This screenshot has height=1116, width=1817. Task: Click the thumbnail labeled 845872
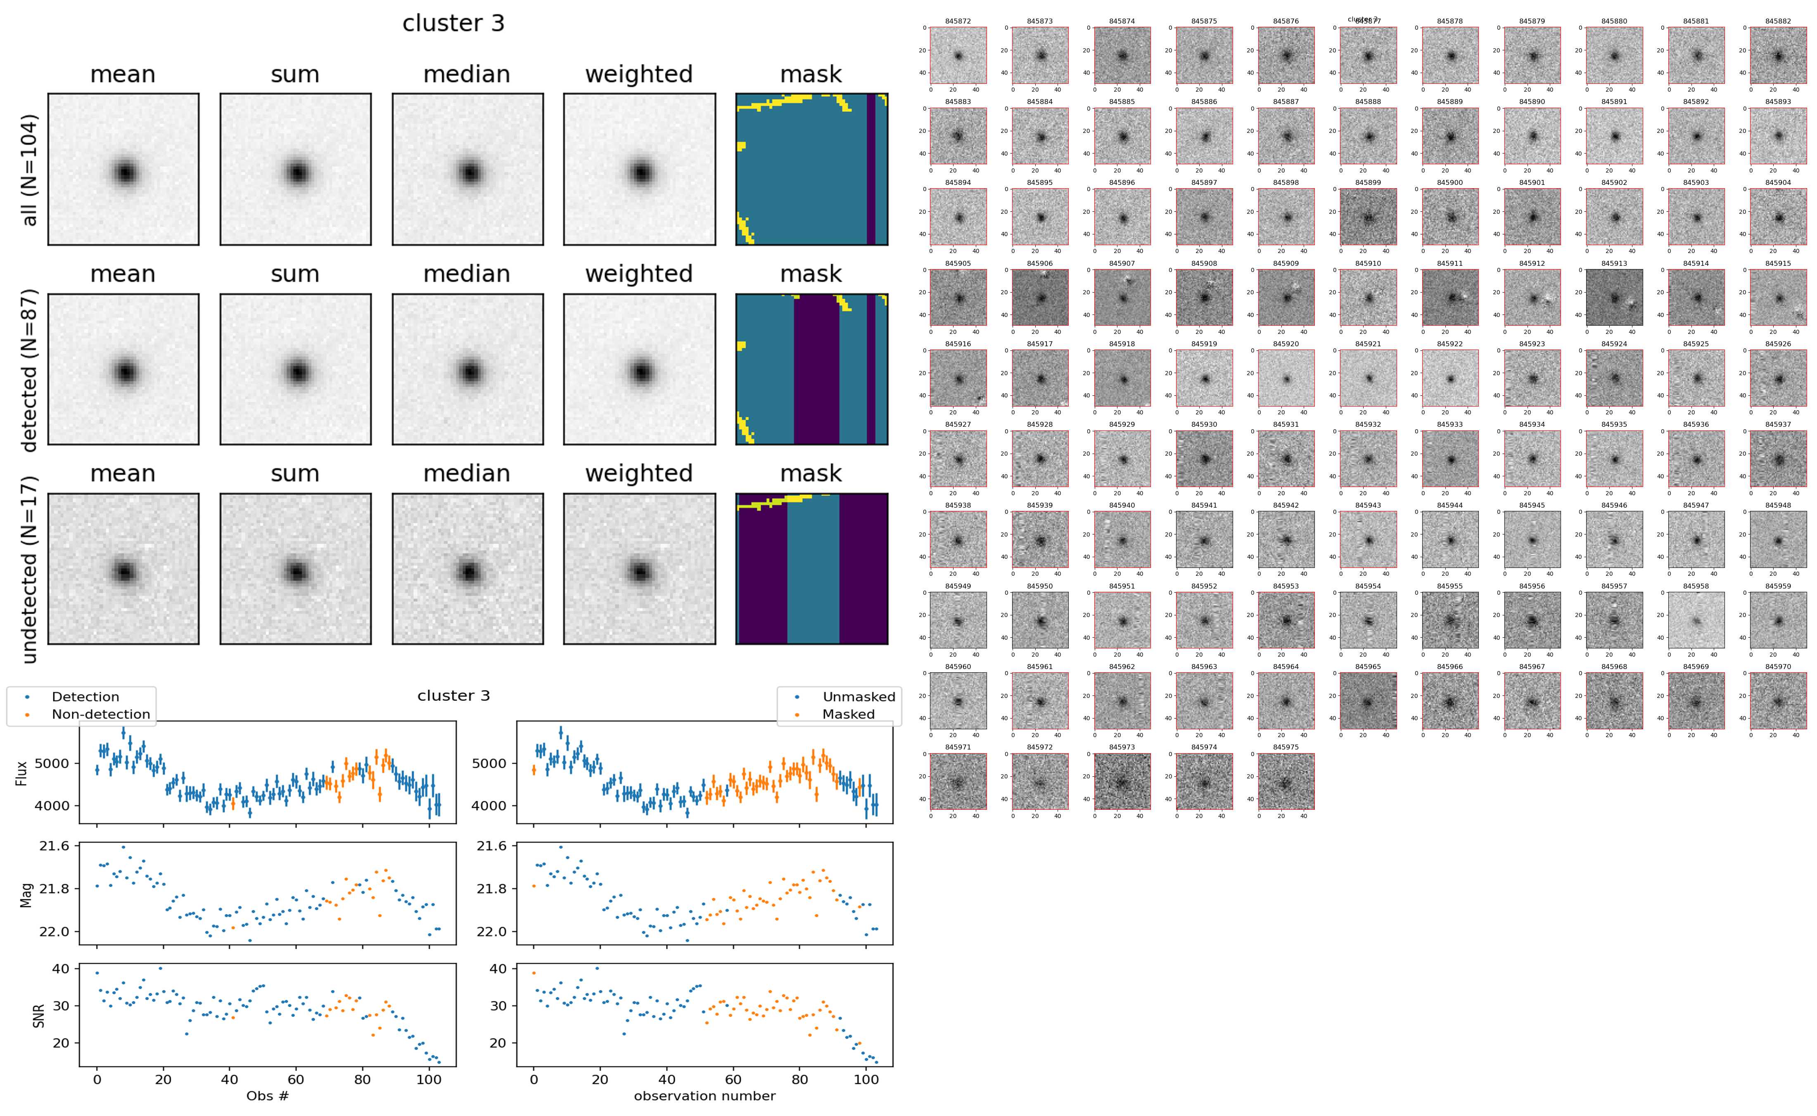pos(958,55)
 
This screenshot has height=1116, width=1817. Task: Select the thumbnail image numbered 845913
pos(1614,298)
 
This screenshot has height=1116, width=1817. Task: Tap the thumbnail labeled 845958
pos(1696,621)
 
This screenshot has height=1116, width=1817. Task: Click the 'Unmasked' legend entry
pos(858,697)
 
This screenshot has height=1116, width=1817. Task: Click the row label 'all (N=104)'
pos(30,170)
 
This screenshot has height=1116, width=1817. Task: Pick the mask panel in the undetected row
pos(811,569)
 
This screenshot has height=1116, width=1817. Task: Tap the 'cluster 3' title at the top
pos(453,24)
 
